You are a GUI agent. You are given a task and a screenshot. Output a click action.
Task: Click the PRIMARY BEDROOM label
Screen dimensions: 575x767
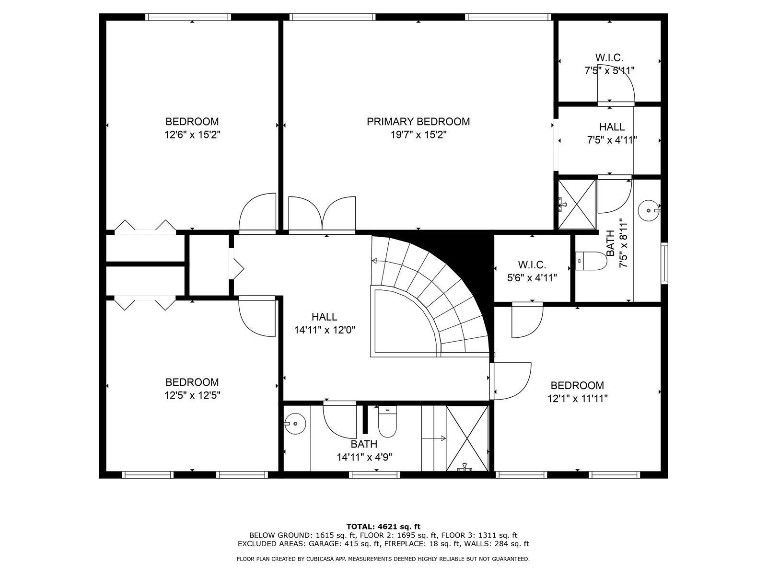tap(418, 122)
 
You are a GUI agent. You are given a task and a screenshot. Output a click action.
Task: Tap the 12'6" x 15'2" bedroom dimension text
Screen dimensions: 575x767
tap(192, 135)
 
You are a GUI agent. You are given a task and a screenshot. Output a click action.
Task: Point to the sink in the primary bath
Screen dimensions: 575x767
tap(648, 210)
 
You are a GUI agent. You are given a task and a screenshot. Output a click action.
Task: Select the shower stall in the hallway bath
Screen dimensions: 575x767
tap(467, 437)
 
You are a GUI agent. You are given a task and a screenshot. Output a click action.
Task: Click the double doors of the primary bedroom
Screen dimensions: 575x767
tap(322, 215)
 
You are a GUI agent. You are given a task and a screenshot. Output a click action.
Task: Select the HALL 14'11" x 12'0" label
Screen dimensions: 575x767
tap(325, 323)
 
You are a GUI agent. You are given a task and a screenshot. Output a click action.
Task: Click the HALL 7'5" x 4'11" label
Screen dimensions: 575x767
tap(612, 134)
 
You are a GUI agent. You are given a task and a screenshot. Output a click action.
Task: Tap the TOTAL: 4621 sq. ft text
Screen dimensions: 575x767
tap(383, 527)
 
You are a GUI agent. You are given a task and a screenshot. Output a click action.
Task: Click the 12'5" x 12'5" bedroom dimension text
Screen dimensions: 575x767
tap(192, 395)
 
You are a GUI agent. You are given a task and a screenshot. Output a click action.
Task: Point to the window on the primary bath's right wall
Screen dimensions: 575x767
tap(664, 263)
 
